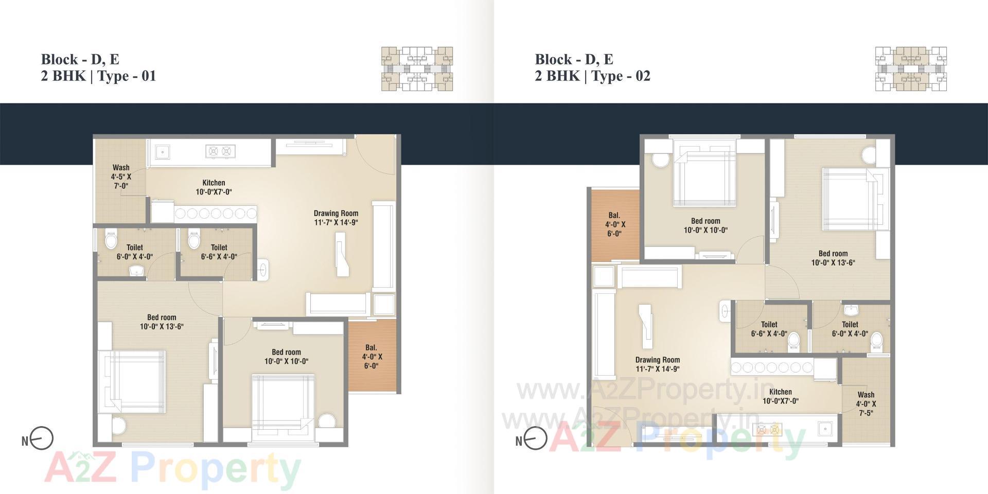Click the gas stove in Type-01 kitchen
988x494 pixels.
pos(221,151)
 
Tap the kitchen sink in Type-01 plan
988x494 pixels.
pos(162,151)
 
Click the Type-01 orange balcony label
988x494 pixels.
pos(372,357)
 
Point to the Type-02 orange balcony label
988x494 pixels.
pos(614,224)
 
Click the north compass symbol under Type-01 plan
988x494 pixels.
pos(41,439)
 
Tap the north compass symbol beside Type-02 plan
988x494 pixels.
pos(535,439)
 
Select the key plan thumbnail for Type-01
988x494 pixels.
pos(417,69)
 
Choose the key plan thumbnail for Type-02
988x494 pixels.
pos(911,69)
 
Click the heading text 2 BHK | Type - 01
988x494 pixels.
pos(98,76)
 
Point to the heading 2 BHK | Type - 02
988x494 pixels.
pos(592,76)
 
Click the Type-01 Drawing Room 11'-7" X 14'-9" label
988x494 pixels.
pos(336,218)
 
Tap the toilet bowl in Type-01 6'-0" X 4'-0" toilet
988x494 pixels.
pos(111,240)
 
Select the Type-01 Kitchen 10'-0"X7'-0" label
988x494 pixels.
pos(214,187)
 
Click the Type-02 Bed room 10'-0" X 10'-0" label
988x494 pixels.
pos(705,225)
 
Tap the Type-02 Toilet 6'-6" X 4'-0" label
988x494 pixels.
pos(769,329)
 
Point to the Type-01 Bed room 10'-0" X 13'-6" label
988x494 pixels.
pos(162,322)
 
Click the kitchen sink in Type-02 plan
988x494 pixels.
pos(825,428)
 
